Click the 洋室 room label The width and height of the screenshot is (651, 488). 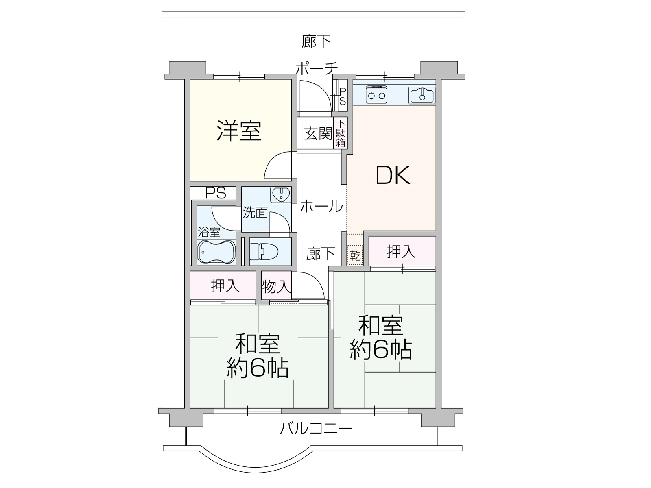pos(239,131)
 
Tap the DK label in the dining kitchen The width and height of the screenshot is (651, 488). pos(393,175)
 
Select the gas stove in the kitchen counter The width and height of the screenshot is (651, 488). pos(376,94)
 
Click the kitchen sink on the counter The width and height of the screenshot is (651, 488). pos(422,95)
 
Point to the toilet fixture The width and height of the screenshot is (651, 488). pos(264,252)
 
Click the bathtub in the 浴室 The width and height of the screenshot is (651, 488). pos(216,252)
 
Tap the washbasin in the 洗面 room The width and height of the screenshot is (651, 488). pos(281,195)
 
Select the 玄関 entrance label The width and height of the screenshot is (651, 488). pos(318,134)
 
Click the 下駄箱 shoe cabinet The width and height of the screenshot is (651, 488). pos(341,133)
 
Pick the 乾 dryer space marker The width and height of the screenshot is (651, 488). pos(355,255)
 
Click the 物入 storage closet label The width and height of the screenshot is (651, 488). pos(276,286)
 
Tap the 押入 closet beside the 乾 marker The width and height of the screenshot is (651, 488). pos(402,251)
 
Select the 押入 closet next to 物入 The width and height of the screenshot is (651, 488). pos(223,285)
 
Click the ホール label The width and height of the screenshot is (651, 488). pos(321,206)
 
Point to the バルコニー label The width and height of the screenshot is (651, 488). pos(316,429)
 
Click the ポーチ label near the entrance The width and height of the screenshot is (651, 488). pos(317,68)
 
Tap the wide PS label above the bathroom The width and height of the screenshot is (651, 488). pos(216,193)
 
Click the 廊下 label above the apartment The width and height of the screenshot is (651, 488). pos(316,41)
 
